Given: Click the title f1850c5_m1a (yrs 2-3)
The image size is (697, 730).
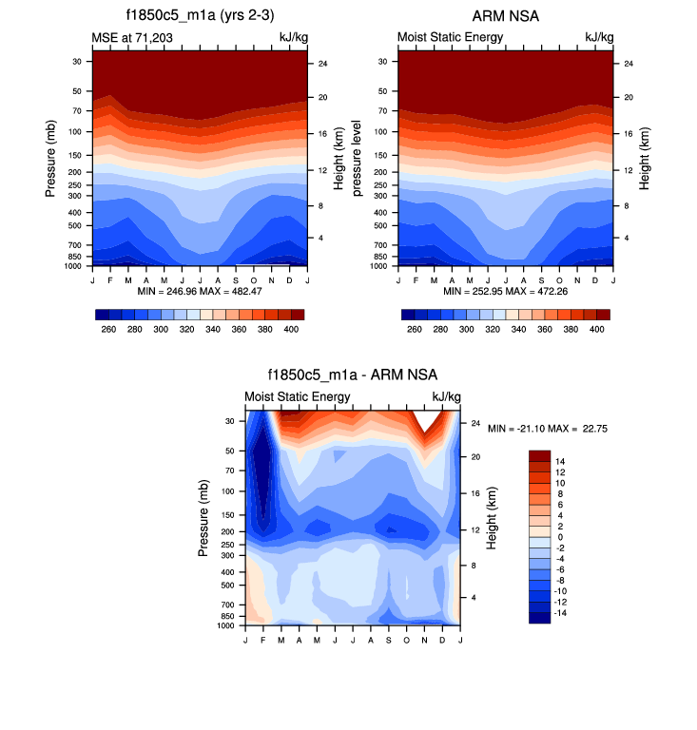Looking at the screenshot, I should (199, 16).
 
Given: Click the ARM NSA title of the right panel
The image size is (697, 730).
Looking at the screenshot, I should (505, 16).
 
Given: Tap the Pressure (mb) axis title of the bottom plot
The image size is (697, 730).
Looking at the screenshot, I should (204, 518).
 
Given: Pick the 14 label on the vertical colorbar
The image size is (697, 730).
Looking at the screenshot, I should (560, 460).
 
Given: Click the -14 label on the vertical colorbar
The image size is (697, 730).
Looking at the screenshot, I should (562, 614).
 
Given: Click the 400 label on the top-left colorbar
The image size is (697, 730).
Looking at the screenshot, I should (291, 329).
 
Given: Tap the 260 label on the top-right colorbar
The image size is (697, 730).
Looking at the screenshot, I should (414, 329).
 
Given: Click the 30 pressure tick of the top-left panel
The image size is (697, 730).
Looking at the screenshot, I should (76, 61).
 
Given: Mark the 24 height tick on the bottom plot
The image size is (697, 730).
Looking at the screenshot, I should (475, 424).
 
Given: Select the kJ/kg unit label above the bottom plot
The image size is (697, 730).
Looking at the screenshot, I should (447, 396).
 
